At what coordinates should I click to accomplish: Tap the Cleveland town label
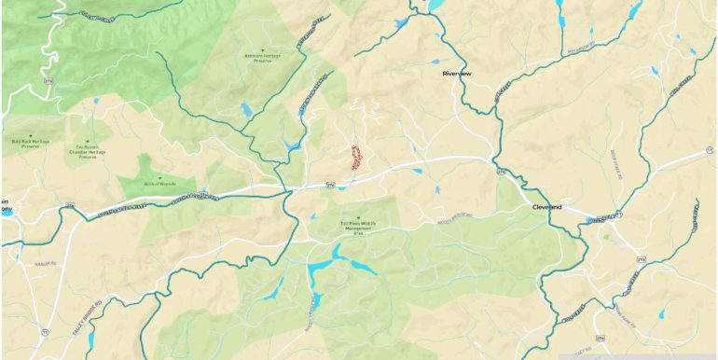[546, 206]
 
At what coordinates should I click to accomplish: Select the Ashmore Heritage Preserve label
[262, 58]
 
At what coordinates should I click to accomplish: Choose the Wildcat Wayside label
[159, 185]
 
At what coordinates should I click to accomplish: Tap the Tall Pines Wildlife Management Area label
[357, 228]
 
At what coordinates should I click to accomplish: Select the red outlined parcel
[355, 157]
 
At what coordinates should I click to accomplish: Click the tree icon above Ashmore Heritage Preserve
[263, 48]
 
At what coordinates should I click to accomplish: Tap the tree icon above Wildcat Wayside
[159, 177]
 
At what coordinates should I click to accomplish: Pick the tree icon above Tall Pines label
[358, 217]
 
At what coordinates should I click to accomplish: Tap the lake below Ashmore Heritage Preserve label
[245, 110]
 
